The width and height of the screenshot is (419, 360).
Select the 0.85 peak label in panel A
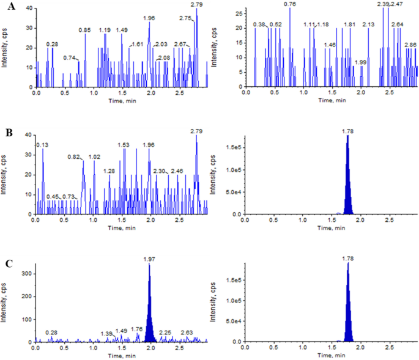coord(85,30)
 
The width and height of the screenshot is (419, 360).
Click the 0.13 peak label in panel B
coord(43,145)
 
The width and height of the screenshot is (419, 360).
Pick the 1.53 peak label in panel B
coord(123,145)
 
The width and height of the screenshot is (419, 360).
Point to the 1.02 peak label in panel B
coord(94,156)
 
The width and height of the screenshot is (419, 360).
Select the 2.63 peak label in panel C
coord(187,332)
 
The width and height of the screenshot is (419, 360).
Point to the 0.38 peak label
coord(259,24)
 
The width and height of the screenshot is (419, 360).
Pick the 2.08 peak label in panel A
coord(164,57)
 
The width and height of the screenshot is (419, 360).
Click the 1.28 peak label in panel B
coord(109,171)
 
